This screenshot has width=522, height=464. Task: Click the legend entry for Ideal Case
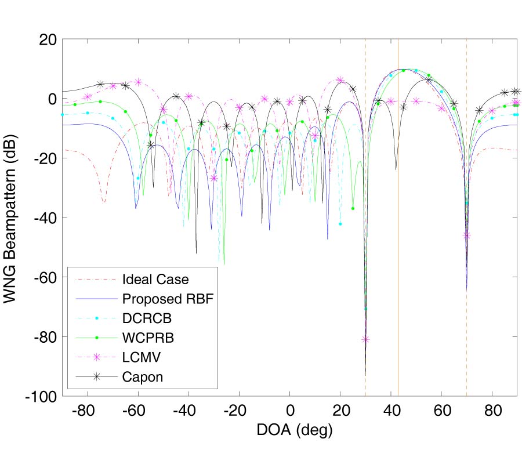click(155, 279)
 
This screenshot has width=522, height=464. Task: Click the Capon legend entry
click(143, 376)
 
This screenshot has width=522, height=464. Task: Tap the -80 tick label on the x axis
click(86, 411)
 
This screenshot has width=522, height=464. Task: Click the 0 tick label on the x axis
click(289, 411)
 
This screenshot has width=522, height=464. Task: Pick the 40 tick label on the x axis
click(390, 411)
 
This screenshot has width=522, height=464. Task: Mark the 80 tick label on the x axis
click(492, 411)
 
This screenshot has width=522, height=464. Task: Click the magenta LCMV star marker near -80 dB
click(365, 339)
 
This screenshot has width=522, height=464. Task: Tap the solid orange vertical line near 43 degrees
click(398, 174)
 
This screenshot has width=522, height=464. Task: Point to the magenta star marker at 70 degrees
click(467, 235)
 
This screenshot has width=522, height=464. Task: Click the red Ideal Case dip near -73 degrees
click(104, 202)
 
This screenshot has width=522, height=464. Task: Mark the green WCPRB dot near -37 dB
click(353, 208)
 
